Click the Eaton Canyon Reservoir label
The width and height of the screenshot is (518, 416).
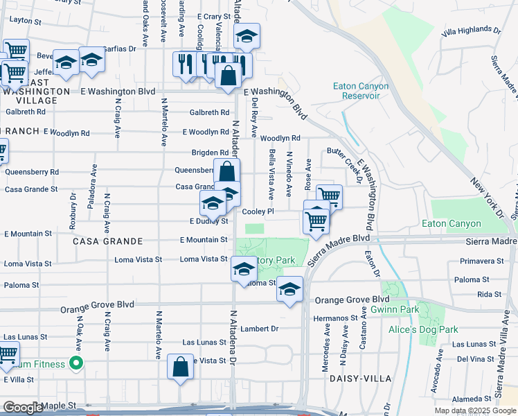pyautogui.click(x=360, y=91)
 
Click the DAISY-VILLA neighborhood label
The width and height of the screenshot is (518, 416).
pyautogui.click(x=352, y=379)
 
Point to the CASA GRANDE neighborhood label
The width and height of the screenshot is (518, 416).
pyautogui.click(x=107, y=241)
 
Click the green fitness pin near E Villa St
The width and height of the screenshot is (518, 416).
pyautogui.click(x=78, y=363)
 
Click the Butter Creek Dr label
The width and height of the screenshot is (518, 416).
pyautogui.click(x=344, y=166)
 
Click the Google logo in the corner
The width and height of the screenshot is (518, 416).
pyautogui.click(x=22, y=407)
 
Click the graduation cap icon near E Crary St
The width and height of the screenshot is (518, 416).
pyautogui.click(x=246, y=36)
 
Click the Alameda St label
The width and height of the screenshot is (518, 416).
pyautogui.click(x=473, y=399)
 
